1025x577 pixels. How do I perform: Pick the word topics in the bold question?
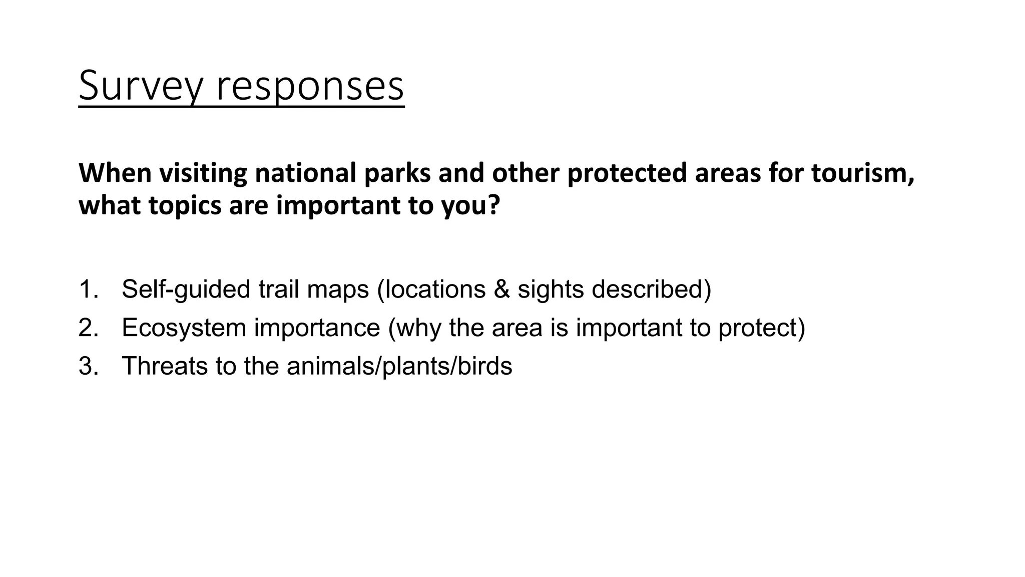tap(185, 206)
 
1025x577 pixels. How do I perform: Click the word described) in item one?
tap(651, 290)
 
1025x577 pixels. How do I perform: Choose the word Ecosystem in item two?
tap(184, 328)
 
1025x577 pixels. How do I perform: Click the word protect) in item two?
tap(761, 328)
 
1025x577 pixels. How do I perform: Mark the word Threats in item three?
tap(165, 366)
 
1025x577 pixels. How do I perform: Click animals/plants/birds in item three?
tap(399, 366)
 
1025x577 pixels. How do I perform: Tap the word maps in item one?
tap(338, 290)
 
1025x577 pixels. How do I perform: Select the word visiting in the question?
tap(203, 173)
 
